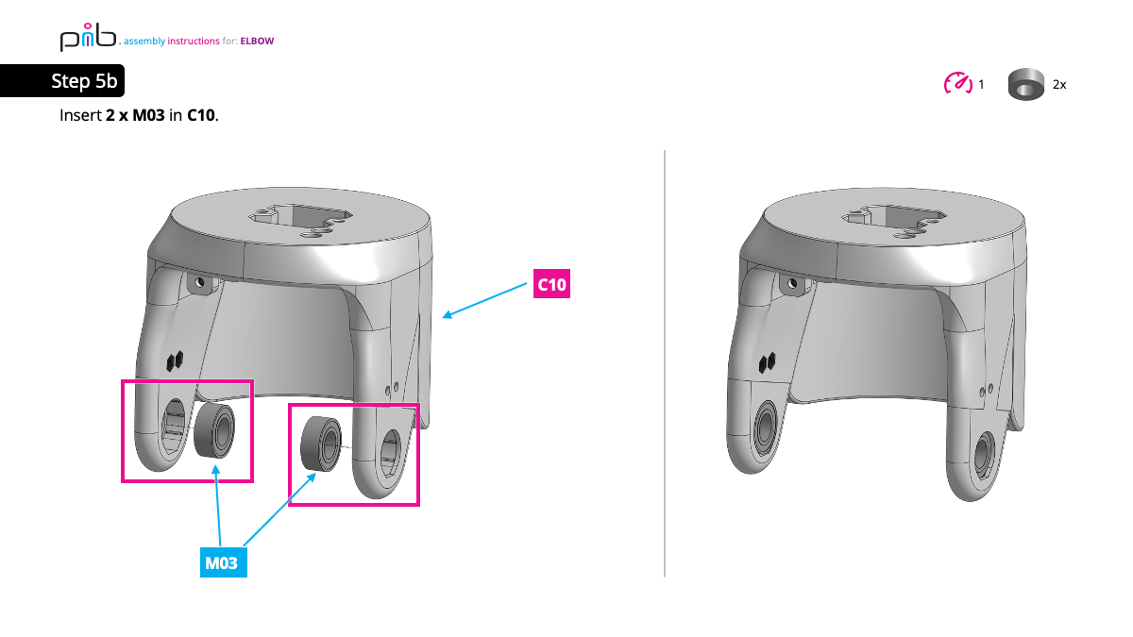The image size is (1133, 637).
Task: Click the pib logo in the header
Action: coord(88,38)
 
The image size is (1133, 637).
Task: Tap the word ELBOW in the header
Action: coord(257,41)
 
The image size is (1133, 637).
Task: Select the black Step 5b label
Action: coord(83,82)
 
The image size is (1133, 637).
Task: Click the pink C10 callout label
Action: coord(552,285)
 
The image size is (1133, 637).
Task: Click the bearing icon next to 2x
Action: coord(1025,84)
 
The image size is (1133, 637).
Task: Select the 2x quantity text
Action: coord(1059,85)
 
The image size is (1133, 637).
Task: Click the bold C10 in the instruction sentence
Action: coord(201,116)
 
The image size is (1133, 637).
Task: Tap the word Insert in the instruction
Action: coord(80,116)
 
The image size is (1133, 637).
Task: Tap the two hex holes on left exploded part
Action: coord(174,360)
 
